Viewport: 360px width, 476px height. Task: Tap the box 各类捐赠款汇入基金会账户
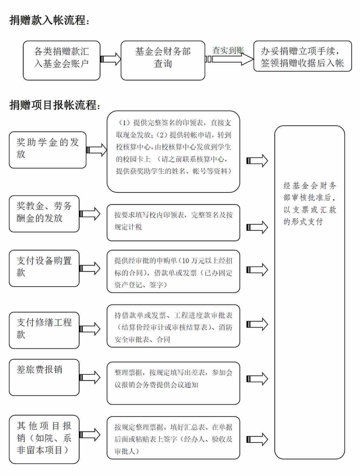click(62, 60)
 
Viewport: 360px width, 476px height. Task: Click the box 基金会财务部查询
click(163, 60)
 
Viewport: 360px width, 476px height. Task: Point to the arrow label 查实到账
click(228, 50)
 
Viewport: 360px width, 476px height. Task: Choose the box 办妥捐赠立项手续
click(303, 56)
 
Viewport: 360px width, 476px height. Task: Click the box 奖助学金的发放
click(48, 150)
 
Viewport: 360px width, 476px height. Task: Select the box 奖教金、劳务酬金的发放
click(44, 214)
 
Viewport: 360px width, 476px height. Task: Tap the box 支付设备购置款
click(44, 268)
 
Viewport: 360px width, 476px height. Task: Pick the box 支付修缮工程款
click(44, 330)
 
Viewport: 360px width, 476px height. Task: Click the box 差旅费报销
click(44, 377)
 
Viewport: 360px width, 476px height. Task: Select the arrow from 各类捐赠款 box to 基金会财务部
click(111, 59)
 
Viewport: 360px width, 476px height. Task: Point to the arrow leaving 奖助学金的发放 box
click(97, 150)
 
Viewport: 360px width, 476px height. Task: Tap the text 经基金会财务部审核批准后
click(310, 192)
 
